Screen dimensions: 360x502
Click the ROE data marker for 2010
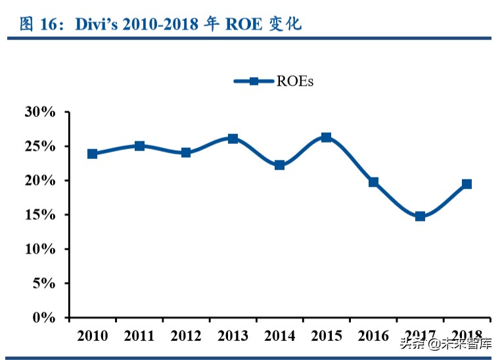pos(93,154)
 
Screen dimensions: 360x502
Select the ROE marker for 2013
pos(233,139)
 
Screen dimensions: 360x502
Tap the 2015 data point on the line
pos(327,137)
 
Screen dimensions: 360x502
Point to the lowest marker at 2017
pos(420,216)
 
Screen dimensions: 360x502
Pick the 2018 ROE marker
pos(467,184)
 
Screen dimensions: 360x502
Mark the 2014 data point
pos(279,165)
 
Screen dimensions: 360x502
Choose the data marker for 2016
pos(373,182)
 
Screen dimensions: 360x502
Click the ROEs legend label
pos(295,81)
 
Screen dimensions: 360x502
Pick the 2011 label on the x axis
pos(139,336)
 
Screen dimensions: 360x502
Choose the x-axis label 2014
pos(279,336)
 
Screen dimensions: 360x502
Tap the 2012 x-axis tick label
pos(186,336)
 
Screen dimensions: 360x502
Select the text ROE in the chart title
pos(243,24)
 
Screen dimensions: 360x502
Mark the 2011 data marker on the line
pos(139,146)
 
